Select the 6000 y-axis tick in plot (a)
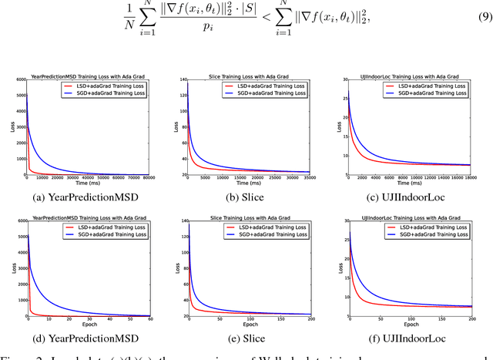[x=19, y=80]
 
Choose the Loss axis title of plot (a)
[x=12, y=127]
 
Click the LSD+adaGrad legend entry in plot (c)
[x=438, y=86]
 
